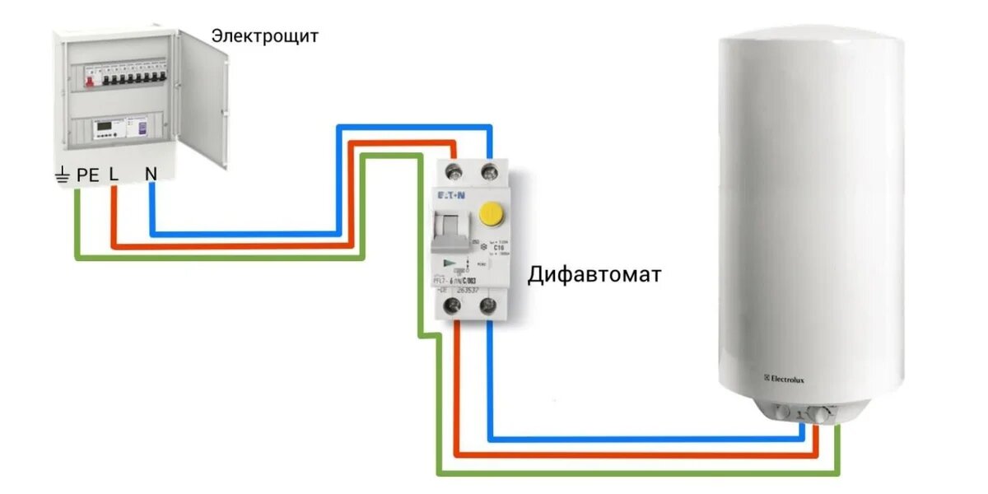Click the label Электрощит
(x=264, y=36)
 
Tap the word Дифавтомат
(x=594, y=274)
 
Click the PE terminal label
(x=88, y=175)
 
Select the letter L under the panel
(x=114, y=175)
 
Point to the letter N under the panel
(x=151, y=175)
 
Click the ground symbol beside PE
(x=63, y=175)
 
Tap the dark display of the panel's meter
(x=105, y=126)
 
